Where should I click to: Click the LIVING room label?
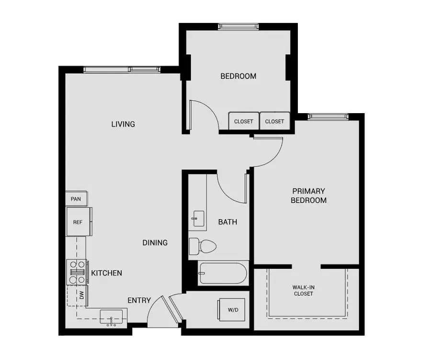123,124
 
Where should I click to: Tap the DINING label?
155,243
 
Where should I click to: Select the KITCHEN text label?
106,273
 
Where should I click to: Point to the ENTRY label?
139,301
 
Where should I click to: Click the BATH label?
227,222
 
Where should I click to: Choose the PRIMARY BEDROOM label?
308,196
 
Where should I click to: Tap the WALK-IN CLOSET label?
303,290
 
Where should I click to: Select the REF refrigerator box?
78,222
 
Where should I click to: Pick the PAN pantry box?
76,198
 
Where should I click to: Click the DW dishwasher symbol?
81,296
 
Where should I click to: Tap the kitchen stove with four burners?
77,272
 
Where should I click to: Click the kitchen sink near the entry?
113,317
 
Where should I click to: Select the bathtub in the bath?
223,273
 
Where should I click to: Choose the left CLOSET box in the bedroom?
243,121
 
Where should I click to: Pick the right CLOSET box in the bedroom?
274,121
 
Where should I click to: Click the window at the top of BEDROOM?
238,27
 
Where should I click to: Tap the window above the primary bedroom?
328,116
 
